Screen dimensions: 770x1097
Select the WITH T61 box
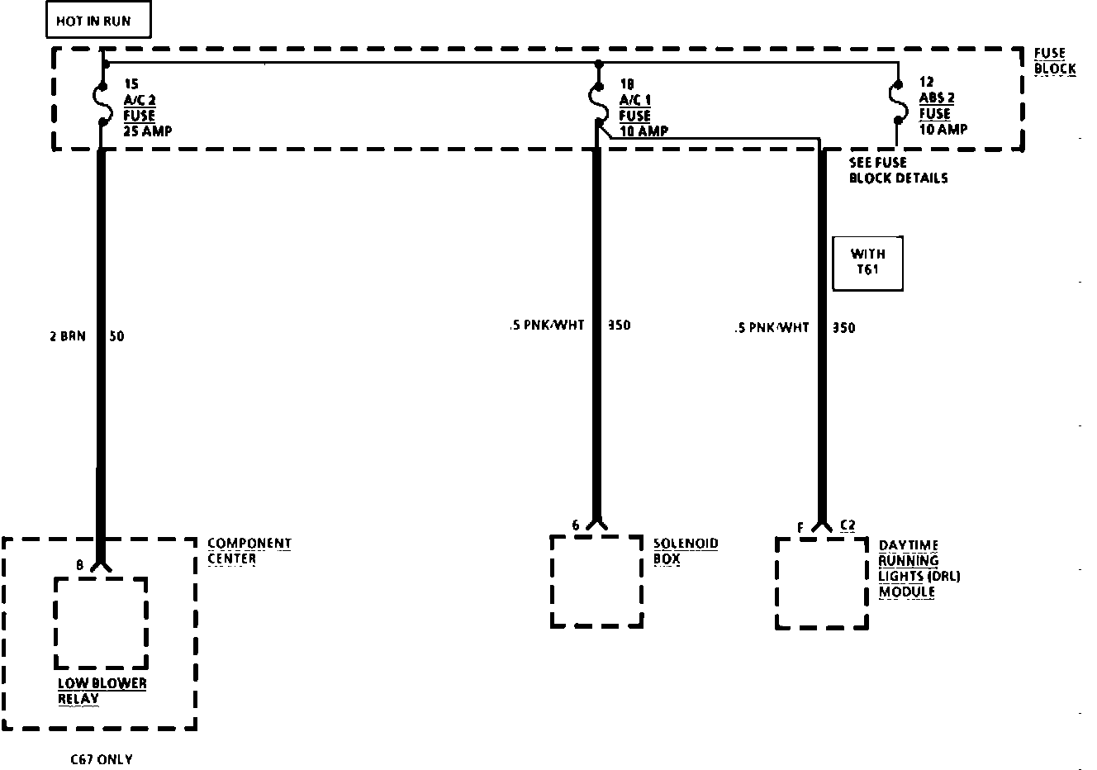click(867, 264)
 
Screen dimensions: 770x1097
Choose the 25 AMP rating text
click(148, 131)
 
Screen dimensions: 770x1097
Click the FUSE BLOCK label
click(1055, 61)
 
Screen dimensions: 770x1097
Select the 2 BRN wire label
click(67, 336)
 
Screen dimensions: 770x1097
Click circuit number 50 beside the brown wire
click(116, 336)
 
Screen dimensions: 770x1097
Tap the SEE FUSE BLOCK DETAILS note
click(898, 170)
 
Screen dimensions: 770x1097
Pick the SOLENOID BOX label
click(686, 551)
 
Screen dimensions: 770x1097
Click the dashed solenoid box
click(596, 581)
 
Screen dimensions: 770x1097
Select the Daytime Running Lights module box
click(821, 583)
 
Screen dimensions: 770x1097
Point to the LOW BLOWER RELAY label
click(102, 691)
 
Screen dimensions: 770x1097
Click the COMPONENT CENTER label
click(249, 551)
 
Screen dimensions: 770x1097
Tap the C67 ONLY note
click(101, 759)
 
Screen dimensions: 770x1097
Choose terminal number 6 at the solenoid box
click(576, 525)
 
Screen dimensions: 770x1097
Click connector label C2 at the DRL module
click(847, 525)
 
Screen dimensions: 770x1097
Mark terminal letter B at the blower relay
click(79, 565)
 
